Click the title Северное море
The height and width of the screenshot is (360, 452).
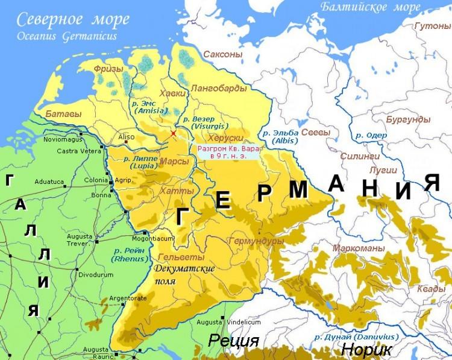72,19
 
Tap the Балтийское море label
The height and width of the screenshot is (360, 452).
370,8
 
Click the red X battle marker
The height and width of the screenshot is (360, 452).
174,133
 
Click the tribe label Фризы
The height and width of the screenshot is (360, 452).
108,69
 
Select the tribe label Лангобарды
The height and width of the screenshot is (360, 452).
218,89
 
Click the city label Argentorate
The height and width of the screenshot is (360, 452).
128,298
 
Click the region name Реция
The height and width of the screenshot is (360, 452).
233,341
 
